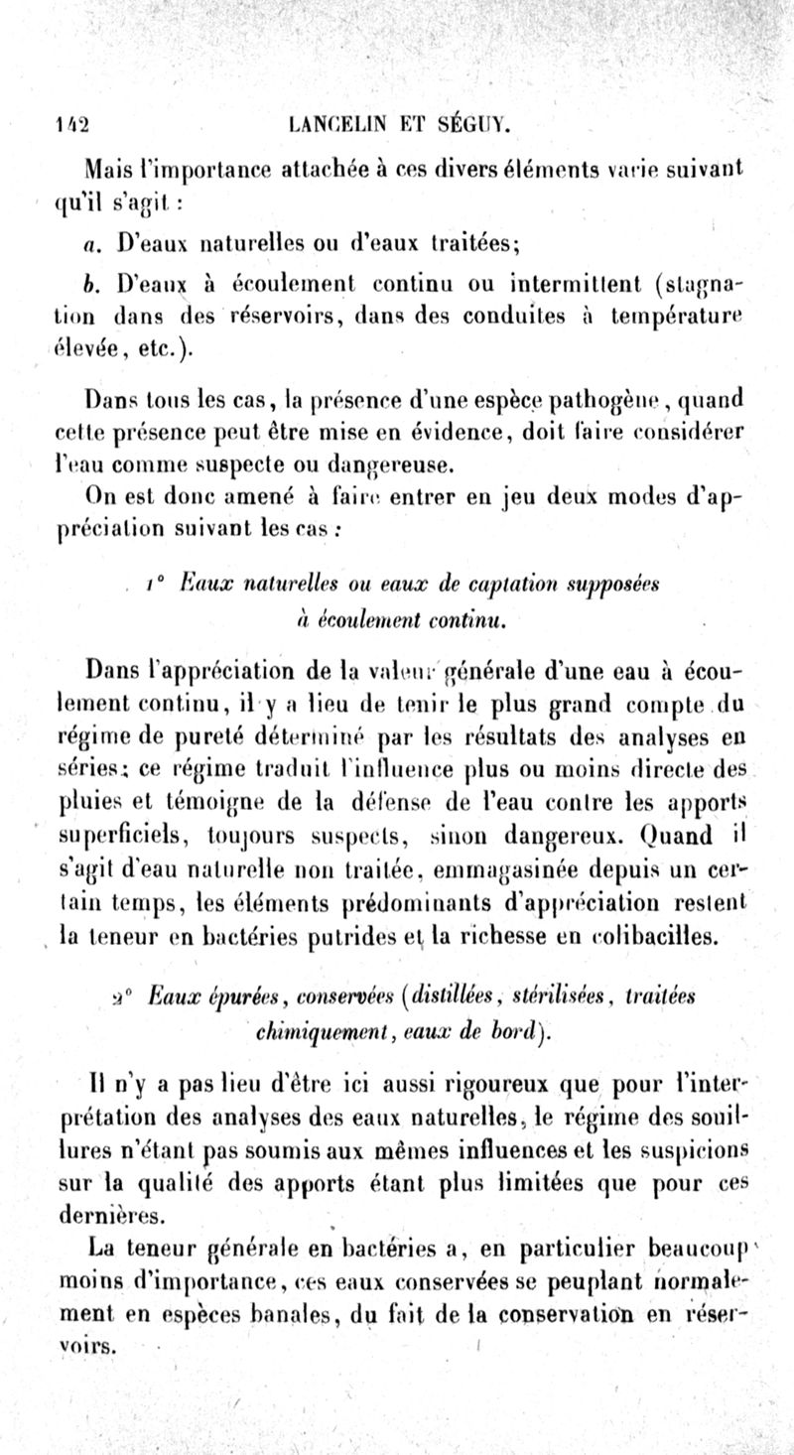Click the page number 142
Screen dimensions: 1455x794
tap(71, 126)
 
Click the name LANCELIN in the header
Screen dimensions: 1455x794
tap(334, 125)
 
